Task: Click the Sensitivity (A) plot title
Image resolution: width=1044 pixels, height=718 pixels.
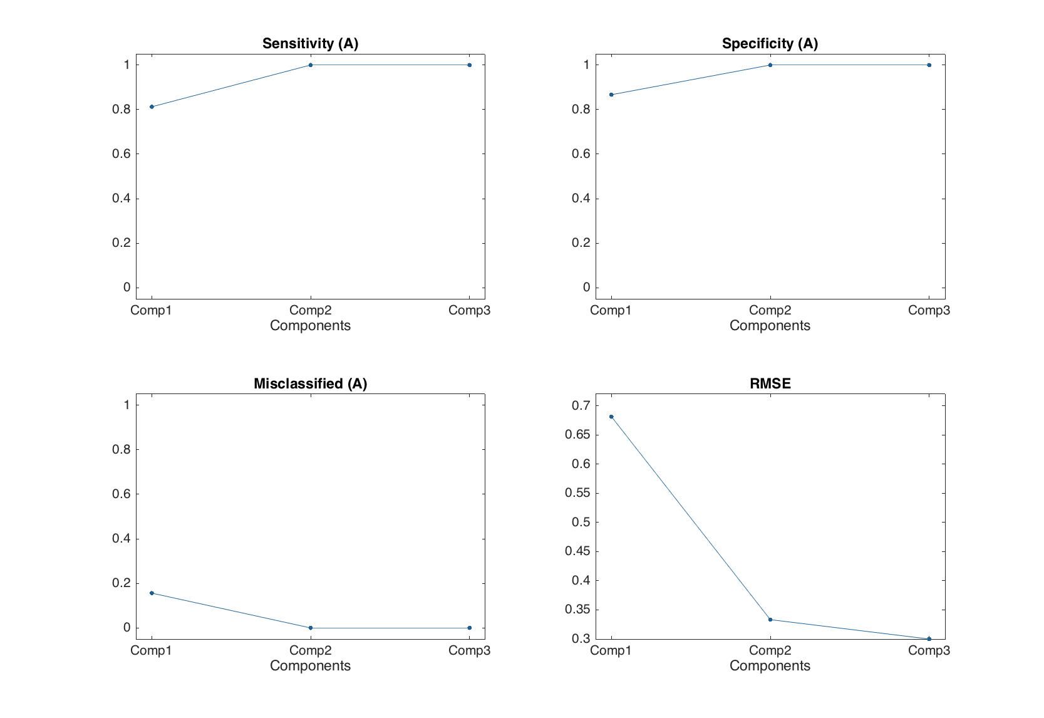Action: pyautogui.click(x=310, y=43)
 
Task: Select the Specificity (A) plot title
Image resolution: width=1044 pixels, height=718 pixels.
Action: pyautogui.click(x=770, y=43)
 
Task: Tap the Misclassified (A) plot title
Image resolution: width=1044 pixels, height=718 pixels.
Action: pyautogui.click(x=310, y=383)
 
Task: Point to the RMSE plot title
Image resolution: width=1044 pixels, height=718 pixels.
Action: pyautogui.click(x=770, y=383)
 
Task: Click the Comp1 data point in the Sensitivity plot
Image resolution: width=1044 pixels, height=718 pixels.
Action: pyautogui.click(x=152, y=107)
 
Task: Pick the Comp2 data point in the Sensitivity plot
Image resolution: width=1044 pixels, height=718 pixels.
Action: pyautogui.click(x=311, y=65)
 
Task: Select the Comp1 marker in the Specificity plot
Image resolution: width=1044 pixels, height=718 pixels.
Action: pyautogui.click(x=611, y=95)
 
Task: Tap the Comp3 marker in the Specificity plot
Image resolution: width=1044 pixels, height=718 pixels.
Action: pyautogui.click(x=929, y=65)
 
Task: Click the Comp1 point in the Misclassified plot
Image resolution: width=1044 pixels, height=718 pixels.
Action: pyautogui.click(x=152, y=593)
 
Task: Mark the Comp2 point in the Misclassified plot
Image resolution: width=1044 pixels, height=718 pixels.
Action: pyautogui.click(x=311, y=628)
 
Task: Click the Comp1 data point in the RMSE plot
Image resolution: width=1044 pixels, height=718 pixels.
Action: pyautogui.click(x=611, y=417)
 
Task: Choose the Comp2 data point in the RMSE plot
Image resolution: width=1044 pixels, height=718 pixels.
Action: pyautogui.click(x=770, y=620)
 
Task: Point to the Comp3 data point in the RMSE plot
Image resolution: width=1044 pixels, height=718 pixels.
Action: pyautogui.click(x=929, y=638)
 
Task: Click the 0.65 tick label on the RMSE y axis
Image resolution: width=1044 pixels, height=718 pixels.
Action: pyautogui.click(x=577, y=435)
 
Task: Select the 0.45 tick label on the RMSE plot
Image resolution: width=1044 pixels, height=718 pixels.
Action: pyautogui.click(x=577, y=551)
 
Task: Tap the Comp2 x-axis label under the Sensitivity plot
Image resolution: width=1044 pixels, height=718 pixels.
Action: pyautogui.click(x=310, y=310)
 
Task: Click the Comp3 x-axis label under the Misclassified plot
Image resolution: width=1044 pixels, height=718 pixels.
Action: pyautogui.click(x=469, y=650)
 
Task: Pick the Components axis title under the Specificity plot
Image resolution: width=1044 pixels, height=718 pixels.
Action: pyautogui.click(x=770, y=326)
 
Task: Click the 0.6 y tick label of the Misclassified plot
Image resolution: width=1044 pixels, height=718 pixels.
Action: pyautogui.click(x=121, y=494)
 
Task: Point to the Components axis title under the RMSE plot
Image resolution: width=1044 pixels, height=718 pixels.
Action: pyautogui.click(x=770, y=666)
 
